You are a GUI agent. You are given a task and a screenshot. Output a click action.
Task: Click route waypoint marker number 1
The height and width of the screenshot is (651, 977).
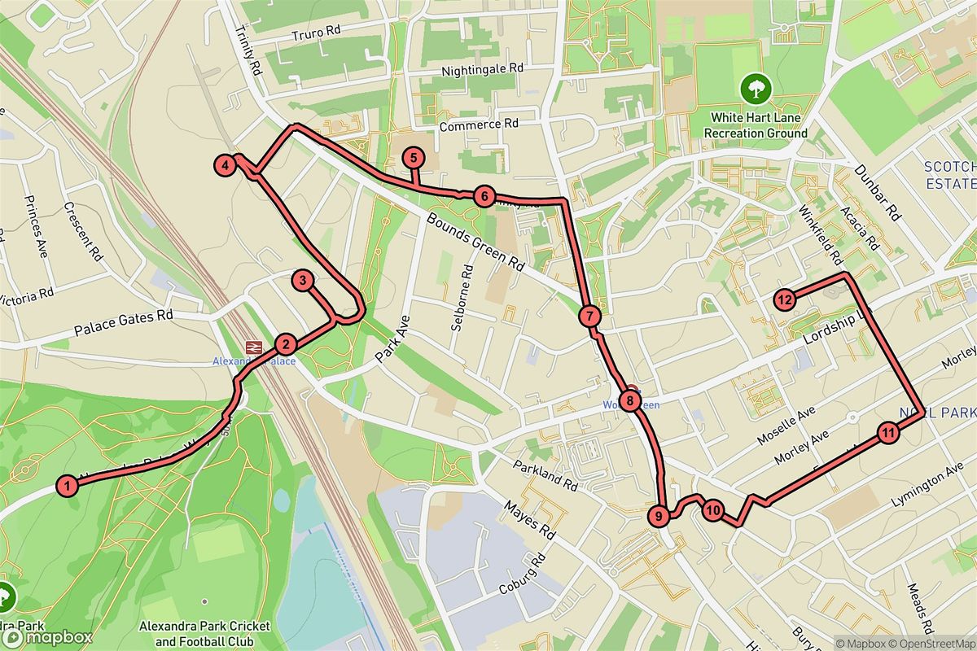pos(68,486)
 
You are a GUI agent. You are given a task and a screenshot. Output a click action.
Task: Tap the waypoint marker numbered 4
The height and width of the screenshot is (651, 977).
pos(225,165)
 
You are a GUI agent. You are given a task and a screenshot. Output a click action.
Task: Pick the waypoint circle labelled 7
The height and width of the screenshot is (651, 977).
pos(590,316)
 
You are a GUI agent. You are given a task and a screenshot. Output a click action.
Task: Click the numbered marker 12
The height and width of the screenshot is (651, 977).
pos(784,299)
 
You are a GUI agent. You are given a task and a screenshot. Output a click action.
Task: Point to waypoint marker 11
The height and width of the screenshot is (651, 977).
pos(888,433)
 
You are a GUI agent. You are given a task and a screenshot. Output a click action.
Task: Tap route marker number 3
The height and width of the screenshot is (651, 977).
pos(302,282)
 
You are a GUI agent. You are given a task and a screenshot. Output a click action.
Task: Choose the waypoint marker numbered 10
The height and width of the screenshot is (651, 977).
pos(712,511)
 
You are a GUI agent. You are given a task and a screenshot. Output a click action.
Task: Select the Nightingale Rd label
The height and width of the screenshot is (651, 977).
pos(482,71)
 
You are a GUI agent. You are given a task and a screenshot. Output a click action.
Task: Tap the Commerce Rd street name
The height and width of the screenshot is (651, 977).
pos(479,125)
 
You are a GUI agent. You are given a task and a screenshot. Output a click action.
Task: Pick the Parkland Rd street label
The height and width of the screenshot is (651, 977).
pos(545,476)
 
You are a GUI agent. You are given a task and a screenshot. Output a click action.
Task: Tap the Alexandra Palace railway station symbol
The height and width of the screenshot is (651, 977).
pos(253,347)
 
